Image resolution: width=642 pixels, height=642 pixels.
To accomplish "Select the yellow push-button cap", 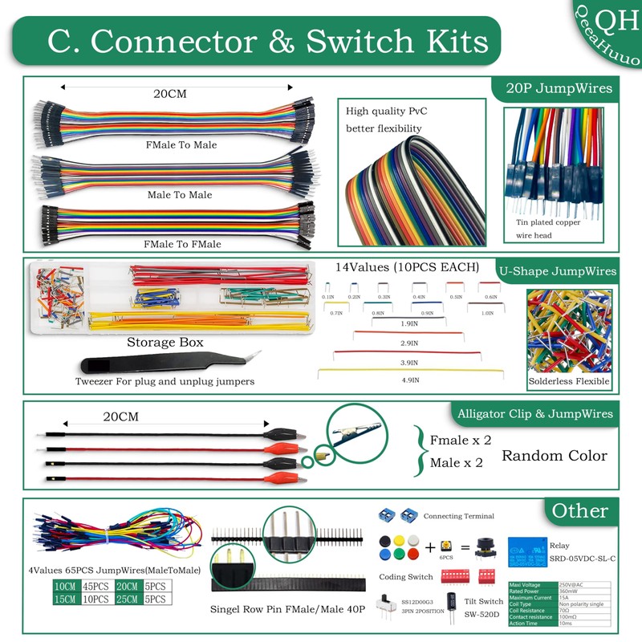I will (x=398, y=539).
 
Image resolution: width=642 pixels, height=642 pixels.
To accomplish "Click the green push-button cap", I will (x=384, y=554).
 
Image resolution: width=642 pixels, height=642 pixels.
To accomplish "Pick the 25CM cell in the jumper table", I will (x=127, y=599).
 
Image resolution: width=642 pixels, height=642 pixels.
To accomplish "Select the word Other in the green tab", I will (x=580, y=510).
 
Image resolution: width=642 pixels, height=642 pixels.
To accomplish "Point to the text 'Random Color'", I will (x=554, y=456).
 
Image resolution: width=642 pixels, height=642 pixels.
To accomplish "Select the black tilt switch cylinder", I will (x=453, y=604).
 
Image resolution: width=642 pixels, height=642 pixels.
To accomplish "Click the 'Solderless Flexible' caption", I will (x=569, y=380).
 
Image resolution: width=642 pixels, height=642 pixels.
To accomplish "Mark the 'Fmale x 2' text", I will (x=460, y=440).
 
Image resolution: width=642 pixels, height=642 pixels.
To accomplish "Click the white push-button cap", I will (x=412, y=539).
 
